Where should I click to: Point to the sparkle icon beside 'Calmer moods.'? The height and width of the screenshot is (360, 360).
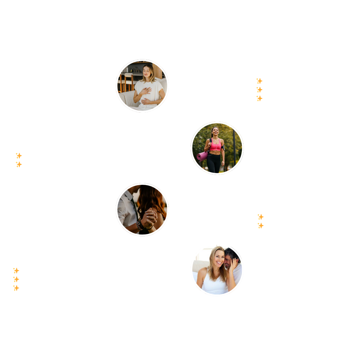[x=259, y=81]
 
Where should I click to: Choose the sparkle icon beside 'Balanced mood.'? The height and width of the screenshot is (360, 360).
[x=16, y=271]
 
